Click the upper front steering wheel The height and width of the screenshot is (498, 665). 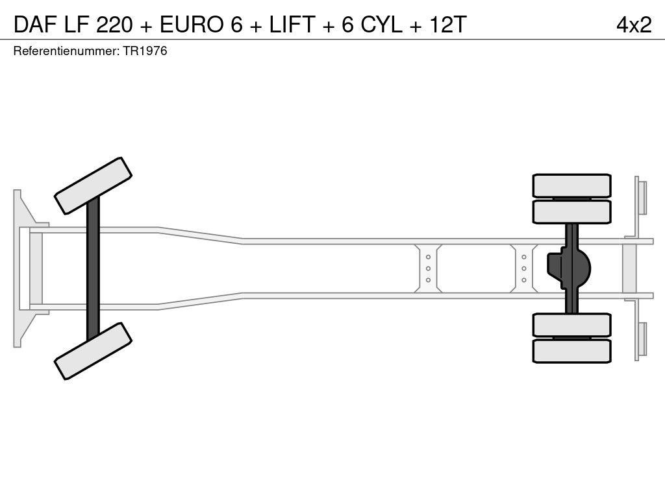click(93, 186)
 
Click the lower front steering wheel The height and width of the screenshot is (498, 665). click(93, 351)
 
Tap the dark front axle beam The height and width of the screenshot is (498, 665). click(93, 268)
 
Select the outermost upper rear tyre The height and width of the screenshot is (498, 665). click(571, 185)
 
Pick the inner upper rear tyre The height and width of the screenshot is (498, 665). click(571, 212)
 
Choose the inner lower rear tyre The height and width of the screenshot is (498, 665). click(571, 325)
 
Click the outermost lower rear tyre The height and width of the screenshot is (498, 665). click(571, 351)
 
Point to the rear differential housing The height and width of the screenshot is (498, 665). click(568, 268)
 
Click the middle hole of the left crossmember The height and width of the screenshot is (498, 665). click(428, 268)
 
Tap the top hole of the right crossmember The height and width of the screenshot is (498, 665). click(524, 257)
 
